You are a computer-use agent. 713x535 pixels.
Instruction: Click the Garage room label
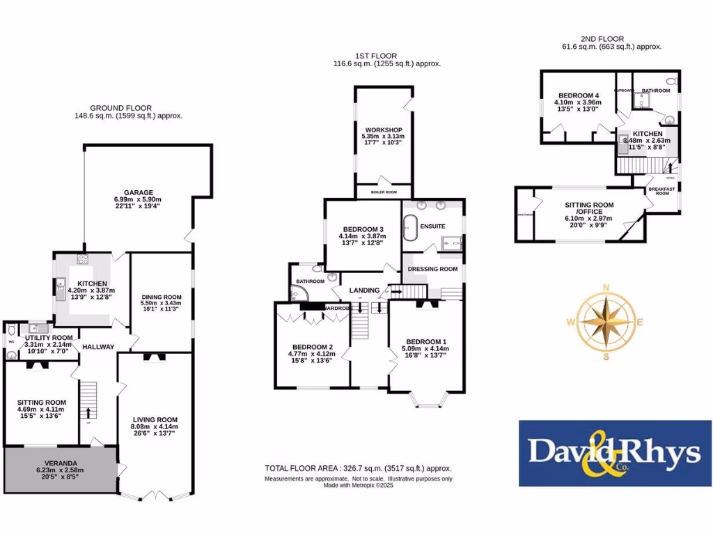(139, 192)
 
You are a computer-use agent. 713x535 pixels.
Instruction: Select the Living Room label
(155, 419)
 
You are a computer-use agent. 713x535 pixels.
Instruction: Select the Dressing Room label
(432, 269)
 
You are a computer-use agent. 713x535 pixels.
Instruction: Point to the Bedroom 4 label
(577, 95)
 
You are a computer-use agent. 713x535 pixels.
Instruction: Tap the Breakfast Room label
(658, 191)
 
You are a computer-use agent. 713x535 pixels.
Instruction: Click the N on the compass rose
(606, 288)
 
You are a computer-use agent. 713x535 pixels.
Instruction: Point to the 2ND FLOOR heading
(602, 39)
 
